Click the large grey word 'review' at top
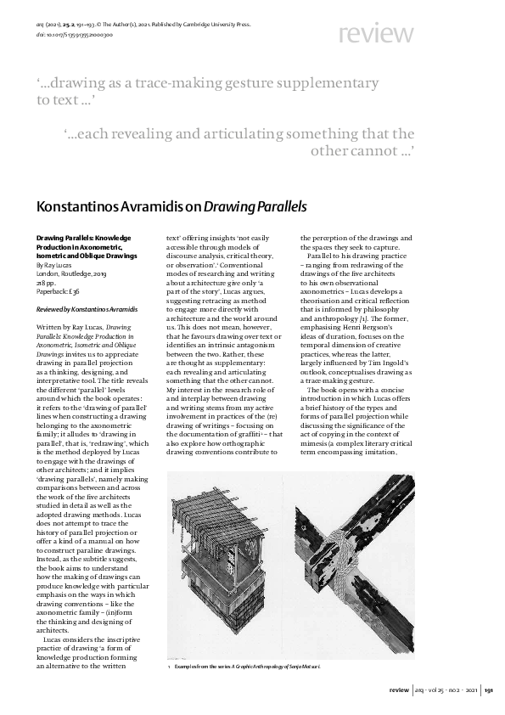pyautogui.click(x=377, y=35)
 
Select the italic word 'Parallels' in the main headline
pyautogui.click(x=276, y=205)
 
